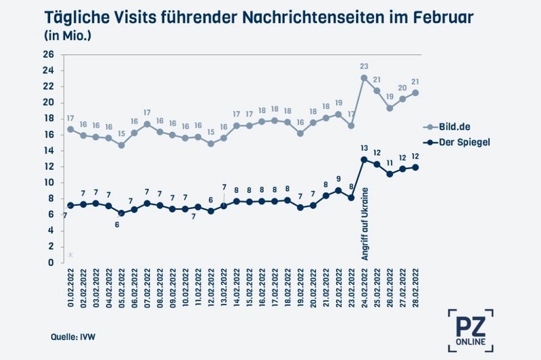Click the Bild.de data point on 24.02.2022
pos(364,78)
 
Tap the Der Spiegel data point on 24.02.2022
pos(364,160)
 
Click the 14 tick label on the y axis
pos(49,150)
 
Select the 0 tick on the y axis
pos(51,263)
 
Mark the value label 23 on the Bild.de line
pos(364,66)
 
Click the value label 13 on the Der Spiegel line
pos(364,148)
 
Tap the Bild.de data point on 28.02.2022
pos(415,93)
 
